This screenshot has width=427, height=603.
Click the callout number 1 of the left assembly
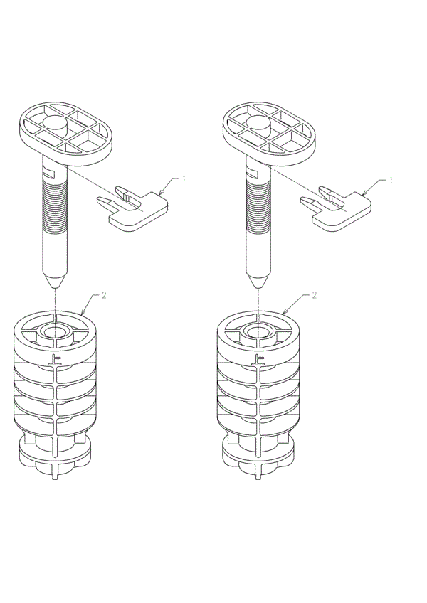[184, 178]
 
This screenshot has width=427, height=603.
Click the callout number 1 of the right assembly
[389, 180]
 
